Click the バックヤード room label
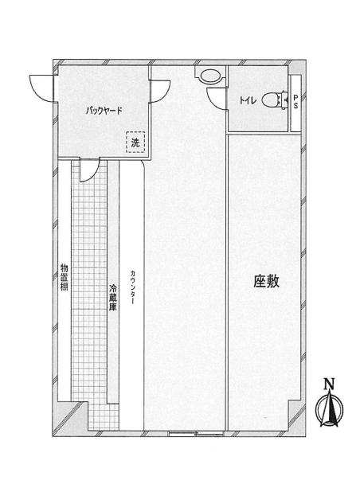(104, 111)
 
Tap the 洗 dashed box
(135, 142)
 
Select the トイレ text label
(248, 100)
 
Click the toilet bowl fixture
(274, 100)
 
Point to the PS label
(295, 102)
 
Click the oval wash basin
(210, 76)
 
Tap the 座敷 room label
(266, 281)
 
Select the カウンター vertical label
(132, 287)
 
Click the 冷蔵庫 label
(113, 297)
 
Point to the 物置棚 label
(64, 277)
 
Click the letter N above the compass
(329, 384)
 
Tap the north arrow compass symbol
(329, 408)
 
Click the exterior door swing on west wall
(41, 88)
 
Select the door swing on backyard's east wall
(160, 91)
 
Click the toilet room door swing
(217, 98)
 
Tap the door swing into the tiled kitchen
(89, 170)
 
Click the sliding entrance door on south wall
(197, 433)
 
